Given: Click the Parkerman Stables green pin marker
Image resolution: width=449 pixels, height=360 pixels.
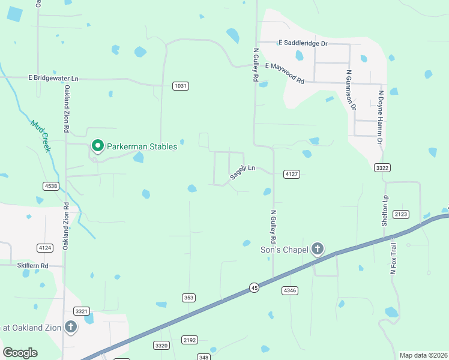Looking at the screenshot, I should (97, 146).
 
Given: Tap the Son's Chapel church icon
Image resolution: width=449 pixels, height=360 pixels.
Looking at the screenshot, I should (318, 249).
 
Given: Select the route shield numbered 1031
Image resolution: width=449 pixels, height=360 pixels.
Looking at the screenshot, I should (180, 86).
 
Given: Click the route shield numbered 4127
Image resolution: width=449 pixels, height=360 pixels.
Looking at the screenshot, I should (292, 174).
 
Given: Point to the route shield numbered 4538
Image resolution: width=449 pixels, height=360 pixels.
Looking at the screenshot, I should (50, 186).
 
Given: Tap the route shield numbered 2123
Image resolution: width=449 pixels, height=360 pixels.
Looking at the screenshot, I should (401, 214).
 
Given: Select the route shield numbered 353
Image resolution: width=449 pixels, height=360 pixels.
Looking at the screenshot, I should (189, 298).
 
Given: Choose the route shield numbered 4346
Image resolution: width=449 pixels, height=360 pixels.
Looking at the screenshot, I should (289, 290).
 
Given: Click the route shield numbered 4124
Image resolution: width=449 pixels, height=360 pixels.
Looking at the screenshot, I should (44, 247).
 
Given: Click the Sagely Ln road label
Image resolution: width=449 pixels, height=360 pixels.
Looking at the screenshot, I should (243, 172).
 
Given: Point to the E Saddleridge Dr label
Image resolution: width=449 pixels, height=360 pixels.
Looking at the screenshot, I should (303, 43).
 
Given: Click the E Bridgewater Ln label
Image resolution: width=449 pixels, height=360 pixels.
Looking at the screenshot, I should (53, 78).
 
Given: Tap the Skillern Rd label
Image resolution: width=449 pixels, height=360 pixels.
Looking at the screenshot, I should (32, 265).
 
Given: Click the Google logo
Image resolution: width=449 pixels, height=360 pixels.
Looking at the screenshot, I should (20, 353).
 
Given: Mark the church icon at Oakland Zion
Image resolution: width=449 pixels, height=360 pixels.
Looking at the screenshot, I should (70, 327).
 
